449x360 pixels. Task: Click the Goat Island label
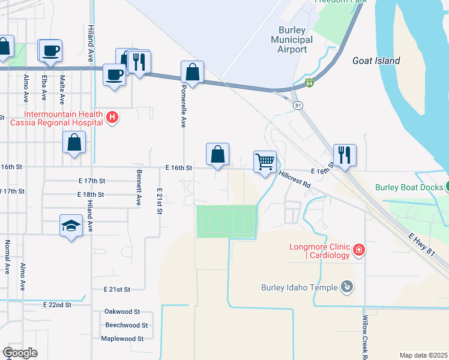(x=376, y=61)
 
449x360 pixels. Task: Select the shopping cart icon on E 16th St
(x=265, y=162)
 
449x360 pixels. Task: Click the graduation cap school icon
(x=71, y=226)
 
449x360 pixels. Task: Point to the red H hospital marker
(x=112, y=118)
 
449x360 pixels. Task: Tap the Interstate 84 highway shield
(x=309, y=82)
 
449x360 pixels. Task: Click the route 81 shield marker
(x=298, y=105)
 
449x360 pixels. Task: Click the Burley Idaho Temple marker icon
(x=346, y=287)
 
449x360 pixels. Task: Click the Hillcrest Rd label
(x=294, y=179)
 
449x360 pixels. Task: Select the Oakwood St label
(x=122, y=311)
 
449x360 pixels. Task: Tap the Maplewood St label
(x=122, y=338)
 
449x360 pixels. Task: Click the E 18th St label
(x=91, y=194)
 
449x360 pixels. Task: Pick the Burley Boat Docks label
(x=408, y=187)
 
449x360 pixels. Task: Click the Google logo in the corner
(x=20, y=352)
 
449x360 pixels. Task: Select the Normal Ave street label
(x=8, y=257)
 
